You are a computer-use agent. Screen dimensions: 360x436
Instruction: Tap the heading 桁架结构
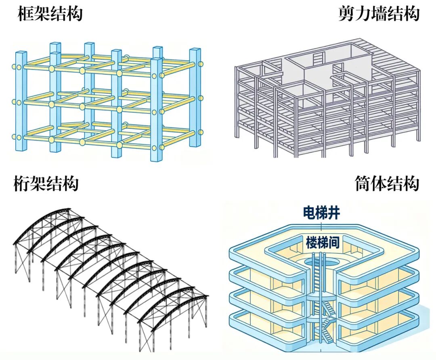point(46,184)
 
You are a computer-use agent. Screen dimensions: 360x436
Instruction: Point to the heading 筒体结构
point(387,184)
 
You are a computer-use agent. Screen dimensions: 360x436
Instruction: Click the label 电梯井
point(322,212)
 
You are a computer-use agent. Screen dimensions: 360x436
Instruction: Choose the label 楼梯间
point(322,243)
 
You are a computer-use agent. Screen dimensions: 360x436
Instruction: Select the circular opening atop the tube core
point(322,263)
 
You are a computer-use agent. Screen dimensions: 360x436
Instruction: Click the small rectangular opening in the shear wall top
point(319,58)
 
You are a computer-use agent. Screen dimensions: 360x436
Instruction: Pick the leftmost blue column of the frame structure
point(21,101)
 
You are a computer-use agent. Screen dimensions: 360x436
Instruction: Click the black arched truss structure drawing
point(109,270)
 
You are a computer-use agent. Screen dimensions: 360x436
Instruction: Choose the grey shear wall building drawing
point(327,101)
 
